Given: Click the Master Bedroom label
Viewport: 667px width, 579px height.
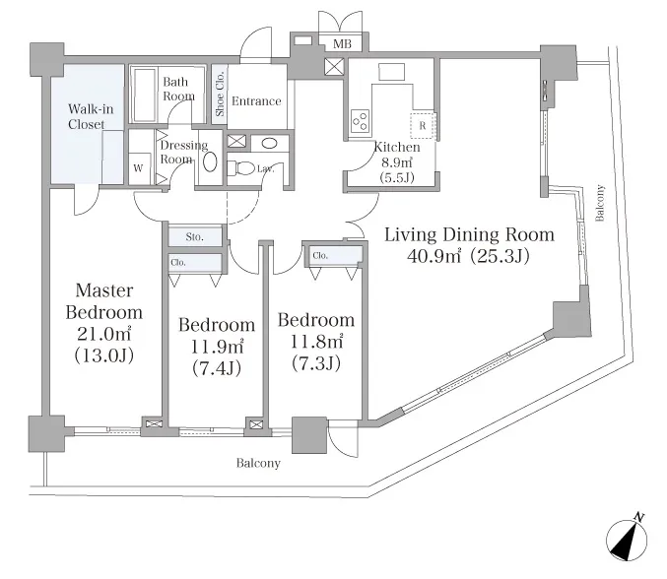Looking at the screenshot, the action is click(104, 301).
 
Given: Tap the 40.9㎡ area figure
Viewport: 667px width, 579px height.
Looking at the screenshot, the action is click(434, 255).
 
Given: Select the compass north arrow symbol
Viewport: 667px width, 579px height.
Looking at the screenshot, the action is click(627, 538).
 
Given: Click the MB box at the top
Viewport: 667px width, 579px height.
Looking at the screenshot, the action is click(342, 43).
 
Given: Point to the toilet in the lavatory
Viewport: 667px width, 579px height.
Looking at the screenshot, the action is click(240, 168).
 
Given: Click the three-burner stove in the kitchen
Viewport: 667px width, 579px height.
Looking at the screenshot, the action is click(361, 121).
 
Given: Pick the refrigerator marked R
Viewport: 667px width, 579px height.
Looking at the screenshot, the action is click(423, 126).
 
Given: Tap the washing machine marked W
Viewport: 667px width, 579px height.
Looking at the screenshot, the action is click(139, 168).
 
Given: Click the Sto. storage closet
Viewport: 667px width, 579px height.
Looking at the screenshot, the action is click(195, 236).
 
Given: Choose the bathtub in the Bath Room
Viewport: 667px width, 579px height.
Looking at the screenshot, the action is click(146, 95).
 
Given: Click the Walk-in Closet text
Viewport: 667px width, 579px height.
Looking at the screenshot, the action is click(91, 116).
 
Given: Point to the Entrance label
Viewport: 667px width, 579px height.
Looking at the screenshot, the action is click(256, 101).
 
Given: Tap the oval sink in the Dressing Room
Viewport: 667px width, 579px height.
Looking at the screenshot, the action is click(210, 161).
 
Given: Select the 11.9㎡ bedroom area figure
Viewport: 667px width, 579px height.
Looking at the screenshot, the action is click(217, 347).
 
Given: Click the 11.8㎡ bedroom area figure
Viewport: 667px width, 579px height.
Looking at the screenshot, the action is click(316, 342).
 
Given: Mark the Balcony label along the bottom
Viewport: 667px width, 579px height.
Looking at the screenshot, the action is click(258, 463).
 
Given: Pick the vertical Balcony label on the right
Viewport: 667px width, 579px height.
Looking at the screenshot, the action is click(600, 203).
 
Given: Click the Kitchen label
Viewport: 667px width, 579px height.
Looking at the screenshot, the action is click(397, 147).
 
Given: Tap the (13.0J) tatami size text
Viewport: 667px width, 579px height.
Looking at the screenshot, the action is click(104, 354).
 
